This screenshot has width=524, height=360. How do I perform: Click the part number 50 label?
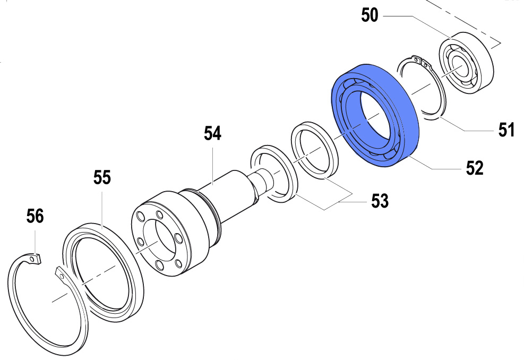pyautogui.click(x=370, y=15)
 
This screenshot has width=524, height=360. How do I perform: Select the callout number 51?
pyautogui.click(x=506, y=130)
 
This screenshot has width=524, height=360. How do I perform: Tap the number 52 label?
pyautogui.click(x=475, y=168)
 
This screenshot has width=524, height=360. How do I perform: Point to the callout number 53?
pyautogui.click(x=380, y=201)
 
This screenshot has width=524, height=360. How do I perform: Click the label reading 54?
pyautogui.click(x=212, y=133)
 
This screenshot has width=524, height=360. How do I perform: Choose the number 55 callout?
pyautogui.click(x=102, y=177)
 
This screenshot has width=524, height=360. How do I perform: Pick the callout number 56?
pyautogui.click(x=35, y=216)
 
